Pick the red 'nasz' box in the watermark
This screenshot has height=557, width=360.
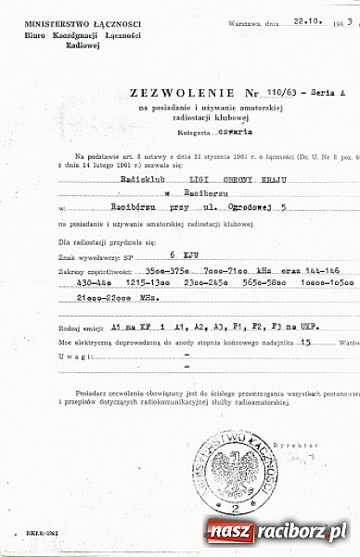(x=228, y=532)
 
